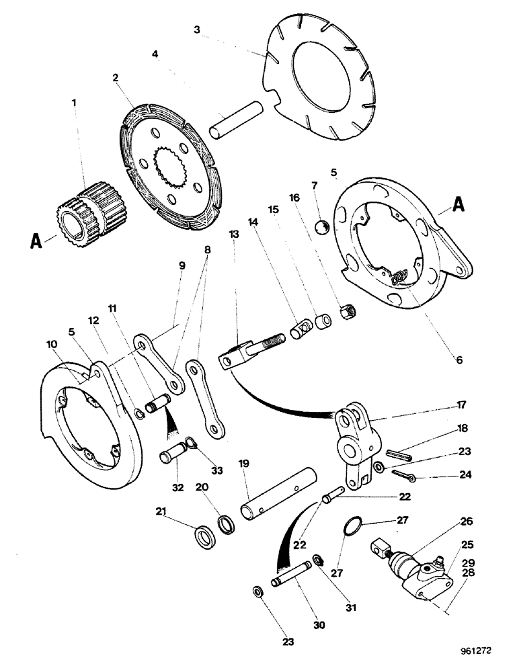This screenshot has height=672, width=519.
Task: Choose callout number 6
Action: point(459,360)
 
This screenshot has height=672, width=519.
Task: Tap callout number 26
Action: point(466,521)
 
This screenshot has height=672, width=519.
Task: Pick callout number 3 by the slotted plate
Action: point(196,30)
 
